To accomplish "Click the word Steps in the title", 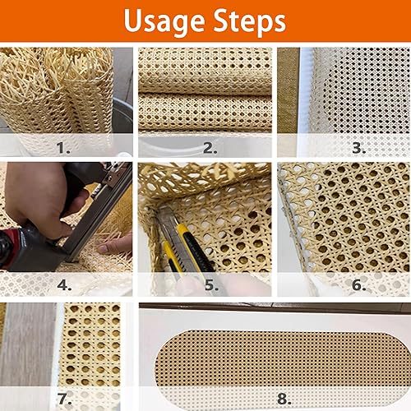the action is (250, 21).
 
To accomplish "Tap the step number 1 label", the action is (63, 148).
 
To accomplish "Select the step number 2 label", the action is (210, 148).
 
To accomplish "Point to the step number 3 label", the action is (359, 148).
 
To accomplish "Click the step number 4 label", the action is (64, 285).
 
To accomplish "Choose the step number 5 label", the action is (211, 285).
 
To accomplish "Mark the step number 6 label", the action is (359, 285).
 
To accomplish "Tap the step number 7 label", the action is (64, 399).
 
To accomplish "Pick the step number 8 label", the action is (284, 399).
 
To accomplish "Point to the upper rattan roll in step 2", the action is (205, 71).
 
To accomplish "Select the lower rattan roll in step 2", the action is (205, 112).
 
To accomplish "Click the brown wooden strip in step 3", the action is (288, 90).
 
